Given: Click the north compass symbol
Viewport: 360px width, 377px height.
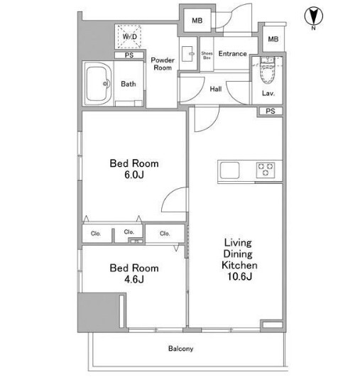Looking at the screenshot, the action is pyautogui.click(x=314, y=16).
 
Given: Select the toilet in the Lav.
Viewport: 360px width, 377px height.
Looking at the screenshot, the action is pyautogui.click(x=268, y=70).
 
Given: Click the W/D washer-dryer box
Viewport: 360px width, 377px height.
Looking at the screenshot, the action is pyautogui.click(x=129, y=36).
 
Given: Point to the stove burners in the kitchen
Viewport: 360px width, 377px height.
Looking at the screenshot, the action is pyautogui.click(x=266, y=170).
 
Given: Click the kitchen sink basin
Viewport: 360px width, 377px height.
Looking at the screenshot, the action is pyautogui.click(x=229, y=170).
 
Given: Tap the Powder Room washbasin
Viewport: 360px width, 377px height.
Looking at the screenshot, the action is pyautogui.click(x=187, y=54).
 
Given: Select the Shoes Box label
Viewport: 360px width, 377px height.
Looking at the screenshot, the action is pyautogui.click(x=207, y=55).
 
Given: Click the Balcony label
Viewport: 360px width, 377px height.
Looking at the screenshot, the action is pyautogui.click(x=180, y=349).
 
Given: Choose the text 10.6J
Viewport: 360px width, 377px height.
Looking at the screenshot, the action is pyautogui.click(x=239, y=276).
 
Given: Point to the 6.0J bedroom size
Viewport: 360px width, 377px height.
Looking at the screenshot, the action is pyautogui.click(x=134, y=175).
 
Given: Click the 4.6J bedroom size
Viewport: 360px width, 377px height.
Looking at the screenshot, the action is pyautogui.click(x=134, y=280).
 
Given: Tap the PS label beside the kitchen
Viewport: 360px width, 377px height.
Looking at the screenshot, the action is pyautogui.click(x=271, y=111).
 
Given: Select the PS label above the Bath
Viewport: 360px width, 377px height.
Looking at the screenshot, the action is pyautogui.click(x=129, y=55).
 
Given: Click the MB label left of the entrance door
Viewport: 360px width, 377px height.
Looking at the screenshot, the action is pyautogui.click(x=197, y=21).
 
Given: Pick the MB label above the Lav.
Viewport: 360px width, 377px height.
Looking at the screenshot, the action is pyautogui.click(x=273, y=39).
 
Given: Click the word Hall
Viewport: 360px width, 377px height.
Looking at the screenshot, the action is pyautogui.click(x=216, y=89).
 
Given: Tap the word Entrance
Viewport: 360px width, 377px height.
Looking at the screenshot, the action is pyautogui.click(x=233, y=54).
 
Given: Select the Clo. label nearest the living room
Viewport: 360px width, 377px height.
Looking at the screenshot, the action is pyautogui.click(x=165, y=234).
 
